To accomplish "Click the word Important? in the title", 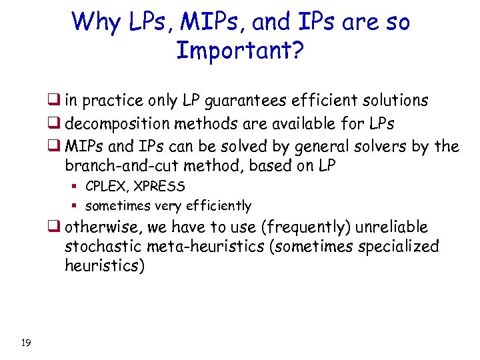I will pos(239,50).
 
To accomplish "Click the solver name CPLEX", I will pos(103,186).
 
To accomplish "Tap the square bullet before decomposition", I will pos(53,124).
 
